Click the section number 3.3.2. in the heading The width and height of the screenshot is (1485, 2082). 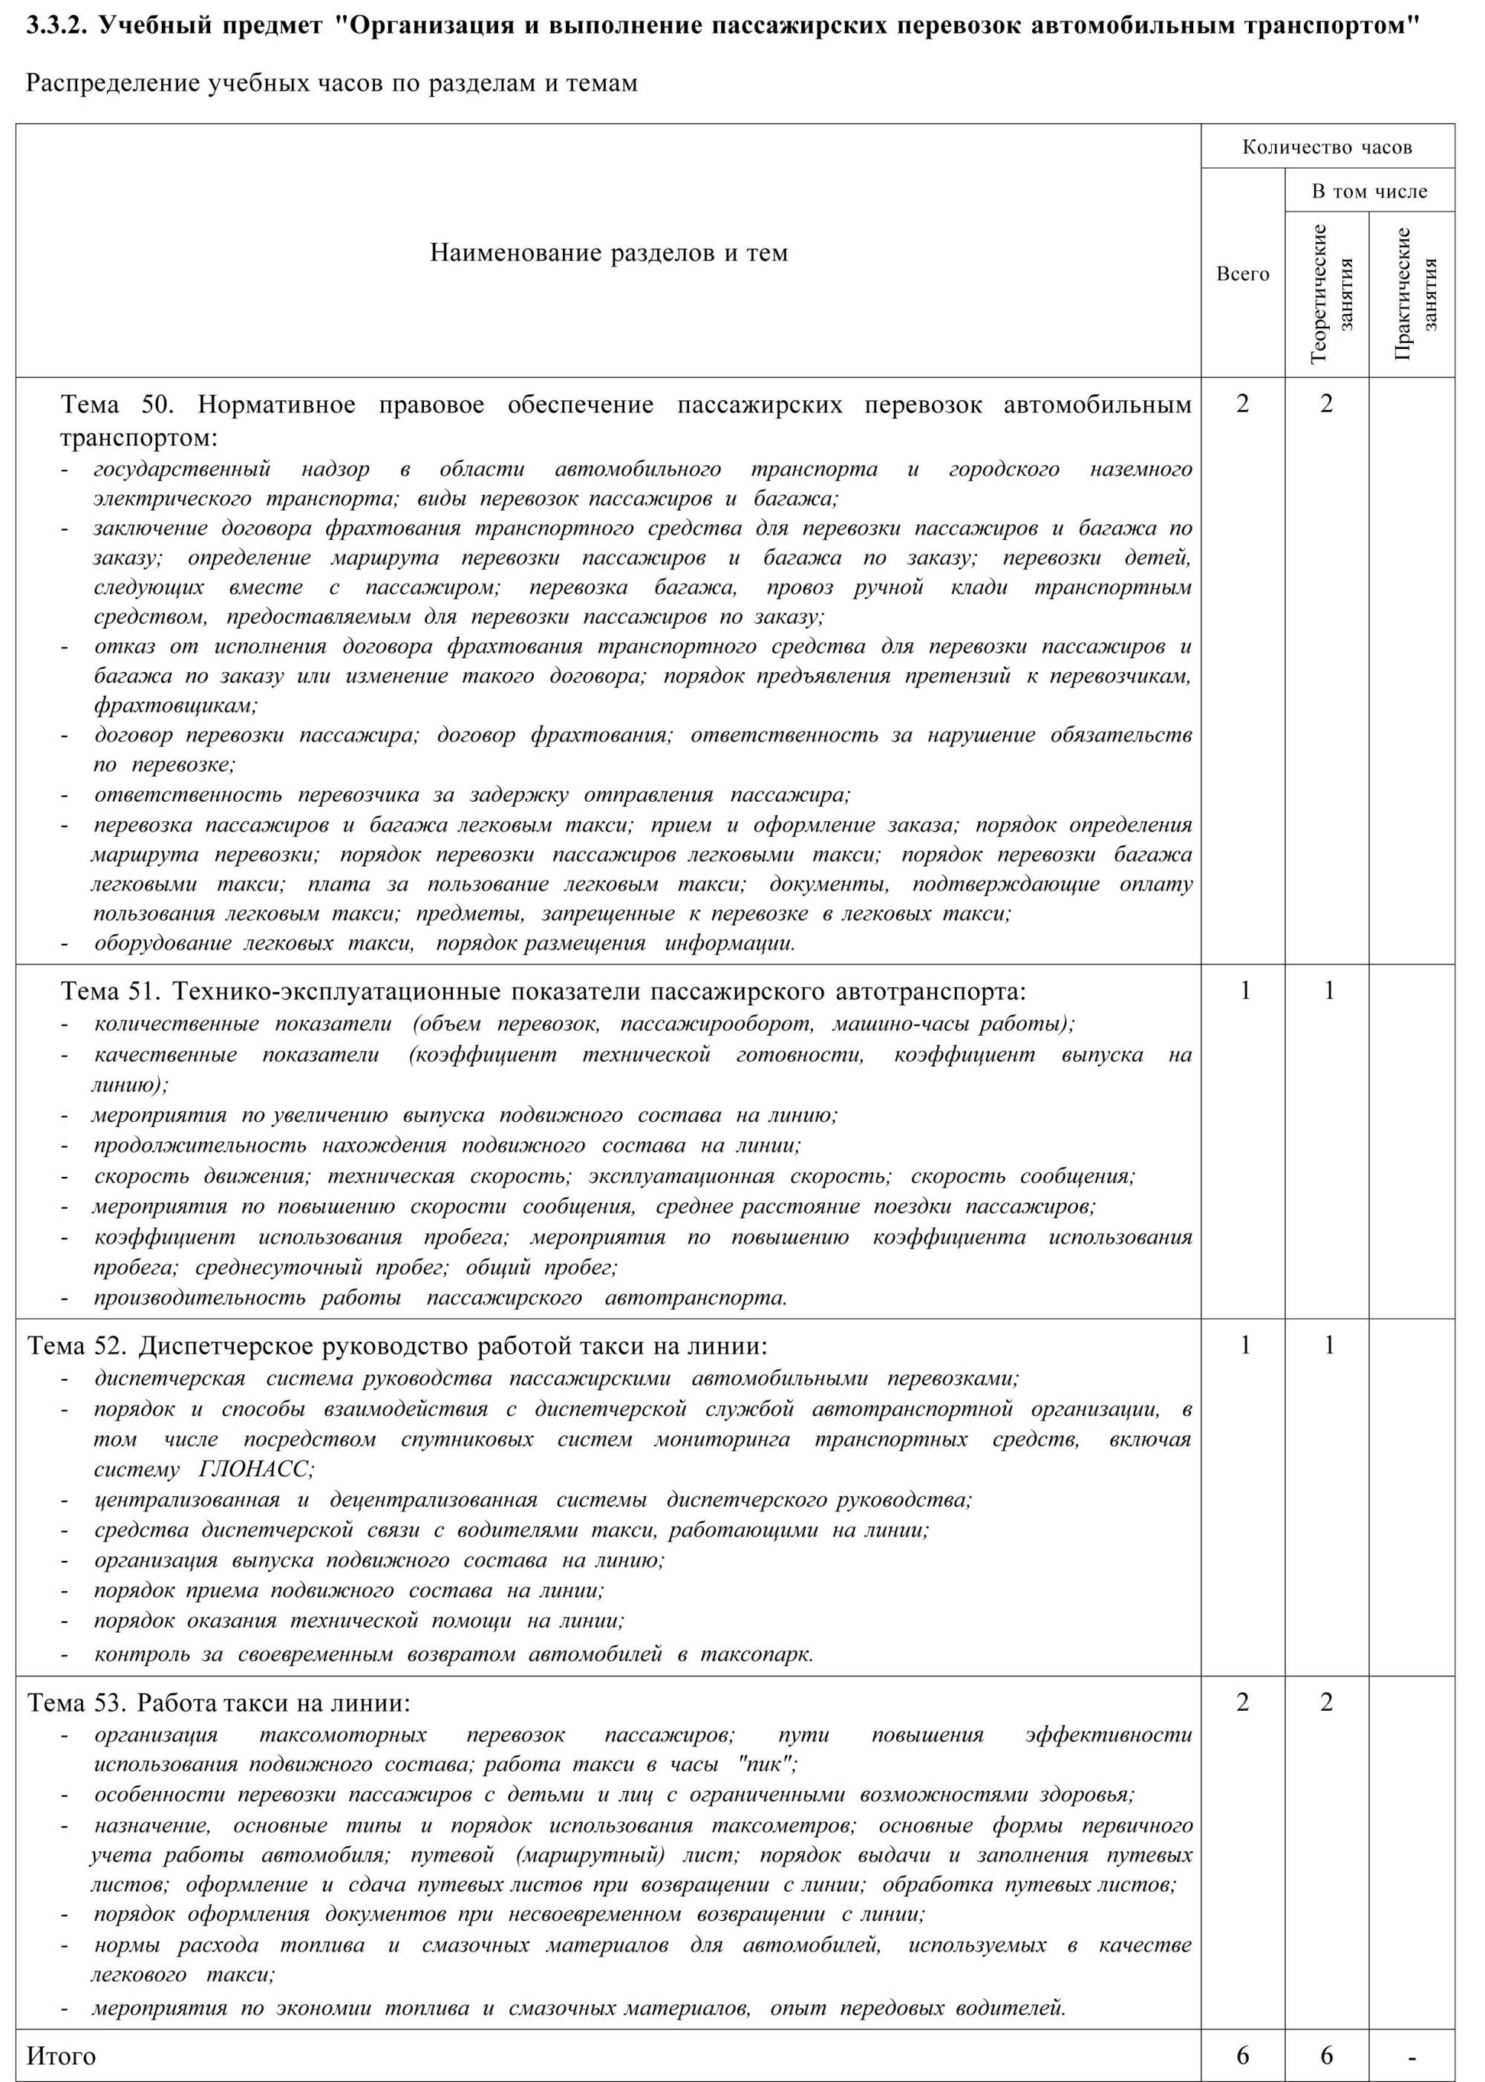click(56, 25)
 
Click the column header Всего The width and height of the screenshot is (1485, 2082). click(1243, 274)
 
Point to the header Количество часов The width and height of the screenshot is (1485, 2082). click(1327, 147)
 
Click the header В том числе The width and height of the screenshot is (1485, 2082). click(1369, 191)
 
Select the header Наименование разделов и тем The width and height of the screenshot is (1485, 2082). click(608, 252)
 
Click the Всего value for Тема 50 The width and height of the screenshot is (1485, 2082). click(1243, 403)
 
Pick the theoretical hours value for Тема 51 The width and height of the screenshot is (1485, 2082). click(1328, 991)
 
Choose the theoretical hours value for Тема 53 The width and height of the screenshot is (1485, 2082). click(1327, 1702)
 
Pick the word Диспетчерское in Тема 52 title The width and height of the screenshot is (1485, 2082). click(226, 1346)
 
